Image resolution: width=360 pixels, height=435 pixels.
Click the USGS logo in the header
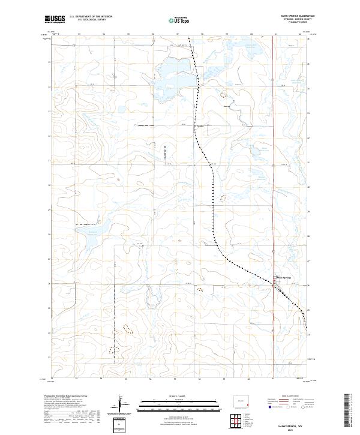pos(55,19)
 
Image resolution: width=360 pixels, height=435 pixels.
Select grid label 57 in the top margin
pos(178,34)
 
